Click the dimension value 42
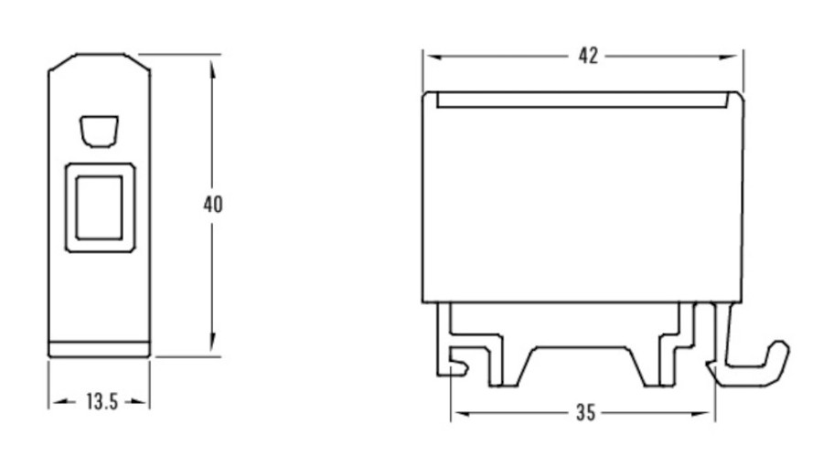pos(588,56)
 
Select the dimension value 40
pos(213,205)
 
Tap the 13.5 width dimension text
pos(102,402)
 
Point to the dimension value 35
pos(586,413)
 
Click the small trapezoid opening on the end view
pos(99,131)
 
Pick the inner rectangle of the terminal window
pos(99,207)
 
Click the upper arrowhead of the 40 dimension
pos(212,70)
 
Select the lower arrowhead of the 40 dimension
pos(212,342)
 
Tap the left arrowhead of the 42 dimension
pos(433,57)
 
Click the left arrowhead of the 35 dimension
pos(461,414)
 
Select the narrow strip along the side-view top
pos(582,100)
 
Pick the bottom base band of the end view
pos(99,350)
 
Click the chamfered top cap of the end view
pos(99,62)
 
